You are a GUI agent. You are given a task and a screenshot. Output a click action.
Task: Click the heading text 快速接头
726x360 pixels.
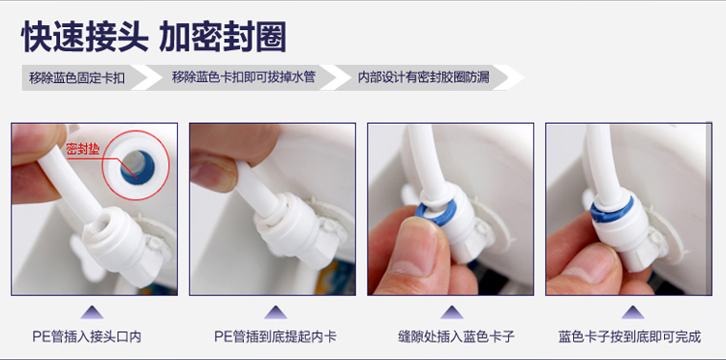click(84, 37)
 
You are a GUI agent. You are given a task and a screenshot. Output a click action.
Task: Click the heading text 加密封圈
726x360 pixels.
click(223, 37)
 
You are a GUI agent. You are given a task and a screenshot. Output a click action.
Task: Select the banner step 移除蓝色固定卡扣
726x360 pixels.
click(76, 77)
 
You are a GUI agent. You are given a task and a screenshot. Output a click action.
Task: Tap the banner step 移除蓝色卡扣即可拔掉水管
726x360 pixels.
click(244, 77)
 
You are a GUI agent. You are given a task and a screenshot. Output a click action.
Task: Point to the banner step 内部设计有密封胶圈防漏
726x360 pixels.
click(424, 77)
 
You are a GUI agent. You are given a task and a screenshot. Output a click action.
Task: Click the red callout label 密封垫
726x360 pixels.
click(83, 149)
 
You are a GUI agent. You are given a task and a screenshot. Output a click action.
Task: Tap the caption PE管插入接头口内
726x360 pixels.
click(86, 337)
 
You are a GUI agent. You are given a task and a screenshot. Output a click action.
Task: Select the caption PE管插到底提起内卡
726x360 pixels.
click(275, 337)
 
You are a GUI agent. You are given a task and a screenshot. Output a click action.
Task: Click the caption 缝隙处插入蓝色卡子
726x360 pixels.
click(456, 337)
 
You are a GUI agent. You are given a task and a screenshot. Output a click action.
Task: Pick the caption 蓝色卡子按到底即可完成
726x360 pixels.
click(630, 337)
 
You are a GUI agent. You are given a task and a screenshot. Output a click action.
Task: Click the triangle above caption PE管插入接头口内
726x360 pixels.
click(92, 313)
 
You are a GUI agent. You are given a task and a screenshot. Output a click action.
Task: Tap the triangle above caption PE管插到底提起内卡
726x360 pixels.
click(276, 313)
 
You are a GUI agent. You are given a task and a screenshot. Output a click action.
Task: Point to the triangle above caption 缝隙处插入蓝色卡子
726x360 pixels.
click(452, 313)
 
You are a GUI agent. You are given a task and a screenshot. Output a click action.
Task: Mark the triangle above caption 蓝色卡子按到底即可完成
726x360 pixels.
click(632, 313)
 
